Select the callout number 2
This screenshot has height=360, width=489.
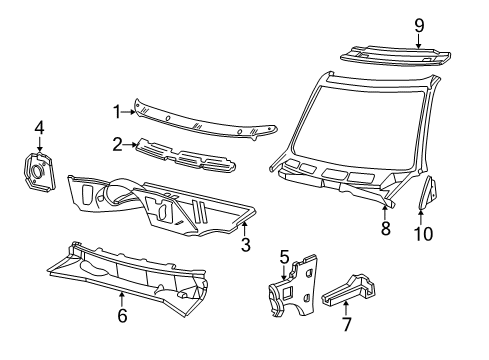click(x=117, y=145)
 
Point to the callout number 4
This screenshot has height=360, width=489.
click(x=39, y=127)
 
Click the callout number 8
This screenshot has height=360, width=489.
click(x=384, y=229)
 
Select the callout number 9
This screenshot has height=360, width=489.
click(x=419, y=24)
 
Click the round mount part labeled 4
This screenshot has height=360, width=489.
click(x=37, y=170)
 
